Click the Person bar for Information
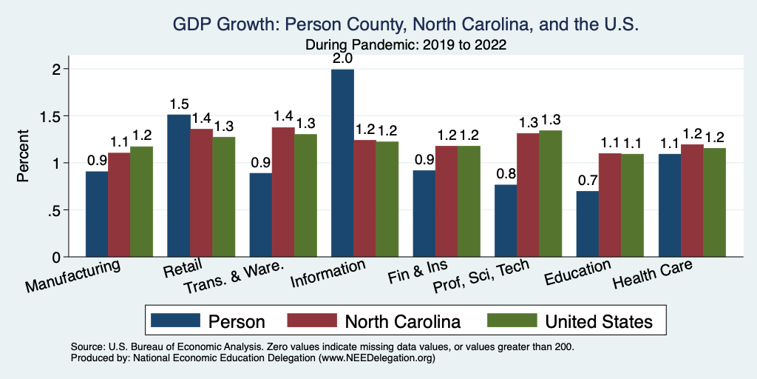tap(342, 163)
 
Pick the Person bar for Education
tap(588, 224)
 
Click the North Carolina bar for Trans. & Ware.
tap(283, 192)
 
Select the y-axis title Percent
tap(24, 157)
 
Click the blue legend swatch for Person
tap(175, 321)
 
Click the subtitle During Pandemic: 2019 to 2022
tap(405, 44)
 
